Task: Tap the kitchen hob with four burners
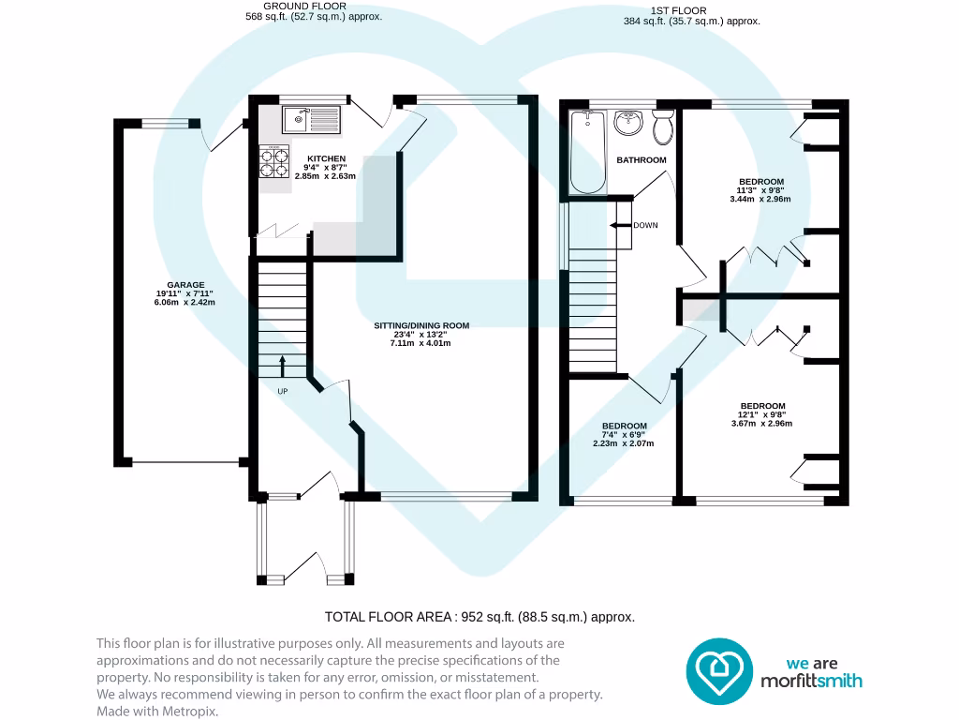271,162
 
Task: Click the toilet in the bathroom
664,127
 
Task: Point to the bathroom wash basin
626,124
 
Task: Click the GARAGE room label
185,285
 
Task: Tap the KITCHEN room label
326,158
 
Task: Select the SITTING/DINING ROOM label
421,325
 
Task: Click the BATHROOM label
642,160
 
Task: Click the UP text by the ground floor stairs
282,391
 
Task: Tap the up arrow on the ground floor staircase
282,365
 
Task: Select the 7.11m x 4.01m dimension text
420,343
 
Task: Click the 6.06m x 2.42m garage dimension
185,303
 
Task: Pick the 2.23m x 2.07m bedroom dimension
623,443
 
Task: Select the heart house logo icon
720,671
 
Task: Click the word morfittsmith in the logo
811,681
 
